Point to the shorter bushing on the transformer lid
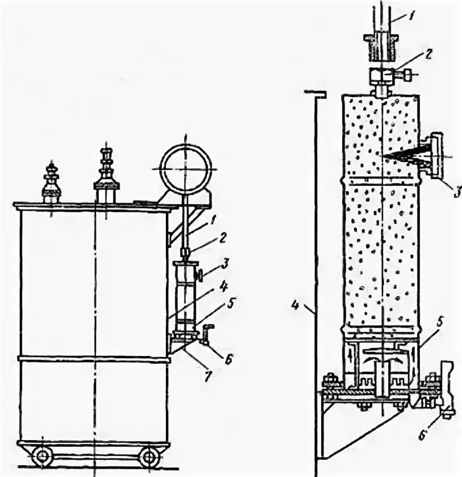coord(51,182)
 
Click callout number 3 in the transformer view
coord(224,263)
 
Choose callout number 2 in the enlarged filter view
coord(429,55)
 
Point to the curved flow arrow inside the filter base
coord(382,359)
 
